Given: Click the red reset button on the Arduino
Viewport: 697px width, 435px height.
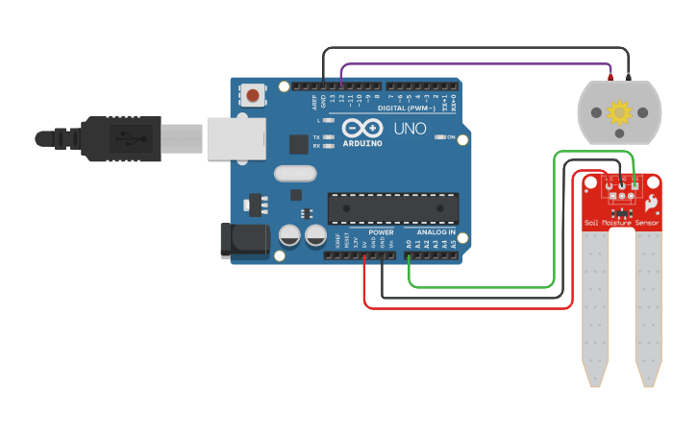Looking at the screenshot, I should point(253,94).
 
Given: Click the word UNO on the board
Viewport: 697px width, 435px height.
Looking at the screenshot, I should point(411,128).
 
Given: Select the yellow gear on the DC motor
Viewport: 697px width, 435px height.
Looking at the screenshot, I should point(619,112).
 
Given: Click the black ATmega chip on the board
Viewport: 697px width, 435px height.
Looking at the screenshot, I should point(388,206).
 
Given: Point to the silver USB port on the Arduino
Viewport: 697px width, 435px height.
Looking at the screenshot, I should point(235,138).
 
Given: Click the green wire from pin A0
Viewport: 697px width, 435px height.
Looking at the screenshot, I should point(481,286).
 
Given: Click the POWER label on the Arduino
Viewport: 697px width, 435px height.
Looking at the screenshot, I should point(381,232).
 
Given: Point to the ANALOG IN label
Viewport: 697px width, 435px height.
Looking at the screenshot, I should point(435,232).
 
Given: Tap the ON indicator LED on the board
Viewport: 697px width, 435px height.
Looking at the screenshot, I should point(439,137).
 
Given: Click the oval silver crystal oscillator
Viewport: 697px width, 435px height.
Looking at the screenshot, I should point(294,174).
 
